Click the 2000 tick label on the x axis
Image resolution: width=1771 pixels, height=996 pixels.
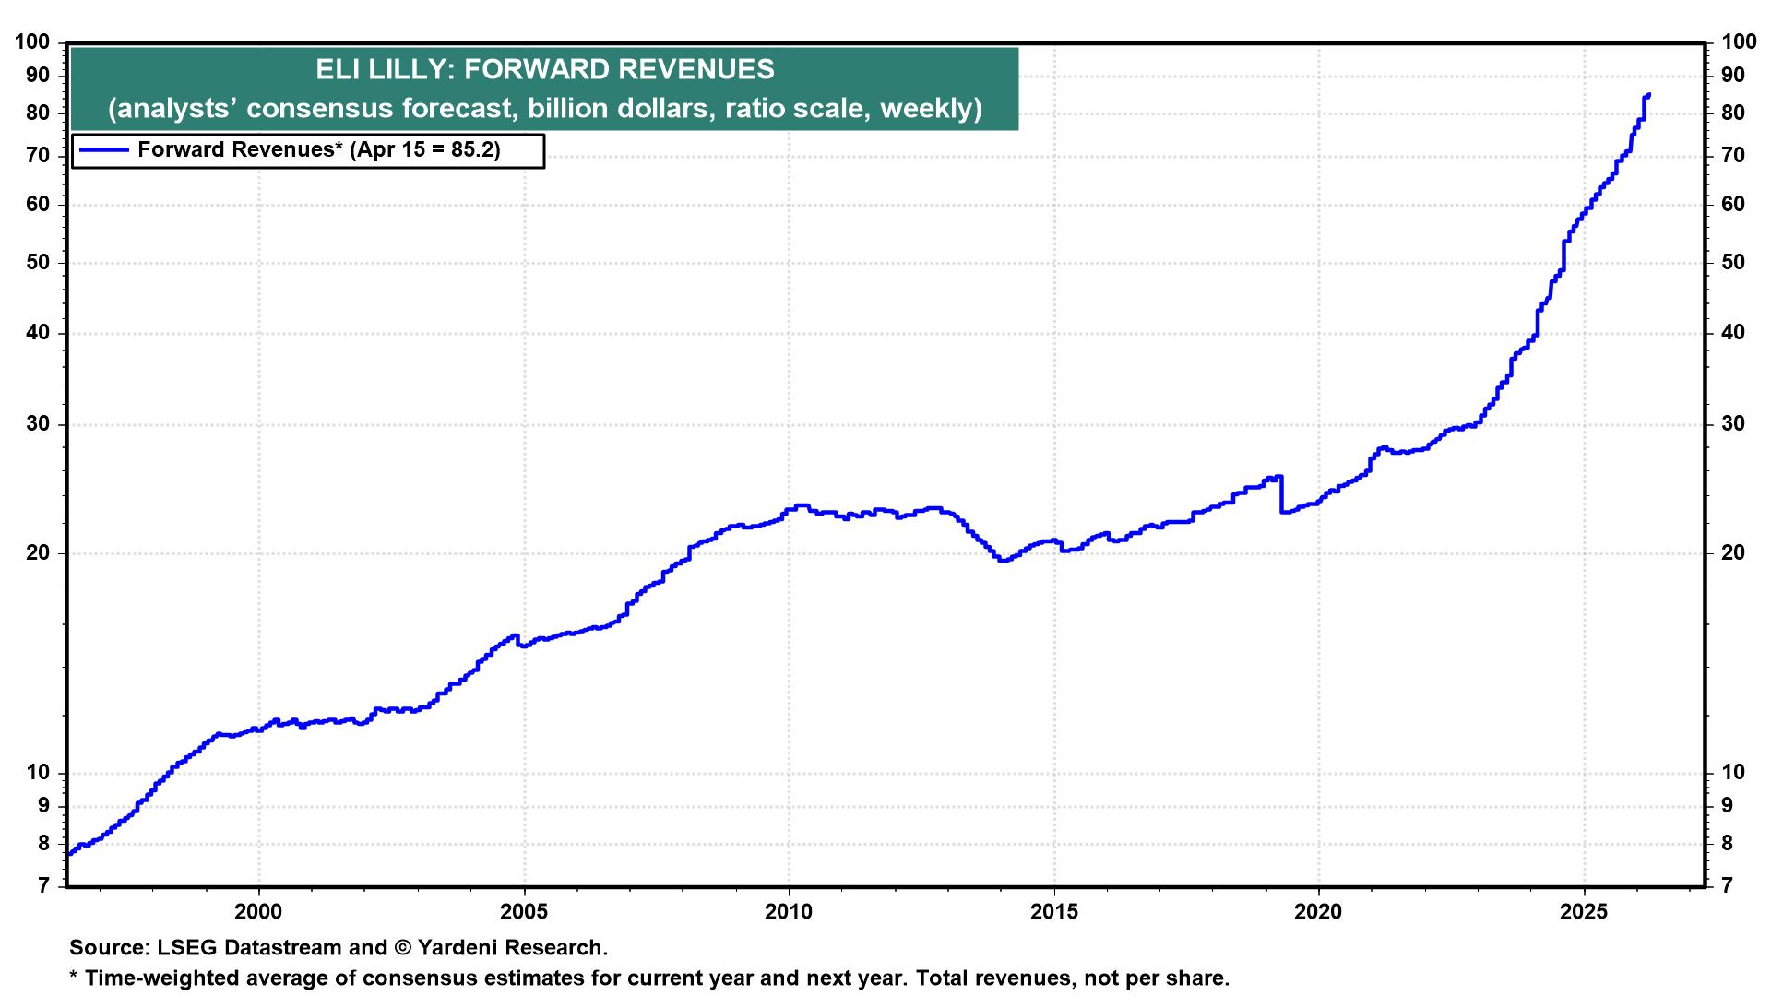(258, 912)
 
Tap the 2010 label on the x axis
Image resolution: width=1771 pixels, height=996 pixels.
(789, 912)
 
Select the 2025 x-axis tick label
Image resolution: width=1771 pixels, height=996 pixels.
(1584, 912)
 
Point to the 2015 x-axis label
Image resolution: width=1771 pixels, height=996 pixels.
(1053, 912)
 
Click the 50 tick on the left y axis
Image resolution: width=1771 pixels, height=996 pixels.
(40, 263)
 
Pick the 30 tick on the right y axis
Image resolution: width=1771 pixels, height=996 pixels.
(1733, 424)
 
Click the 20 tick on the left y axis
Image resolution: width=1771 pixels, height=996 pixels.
(40, 553)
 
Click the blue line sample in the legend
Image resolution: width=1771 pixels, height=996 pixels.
(103, 150)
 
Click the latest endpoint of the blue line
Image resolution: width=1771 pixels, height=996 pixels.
(1648, 94)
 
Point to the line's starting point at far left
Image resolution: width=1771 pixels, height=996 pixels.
(70, 853)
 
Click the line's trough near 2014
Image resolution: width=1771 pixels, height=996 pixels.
(1003, 560)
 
